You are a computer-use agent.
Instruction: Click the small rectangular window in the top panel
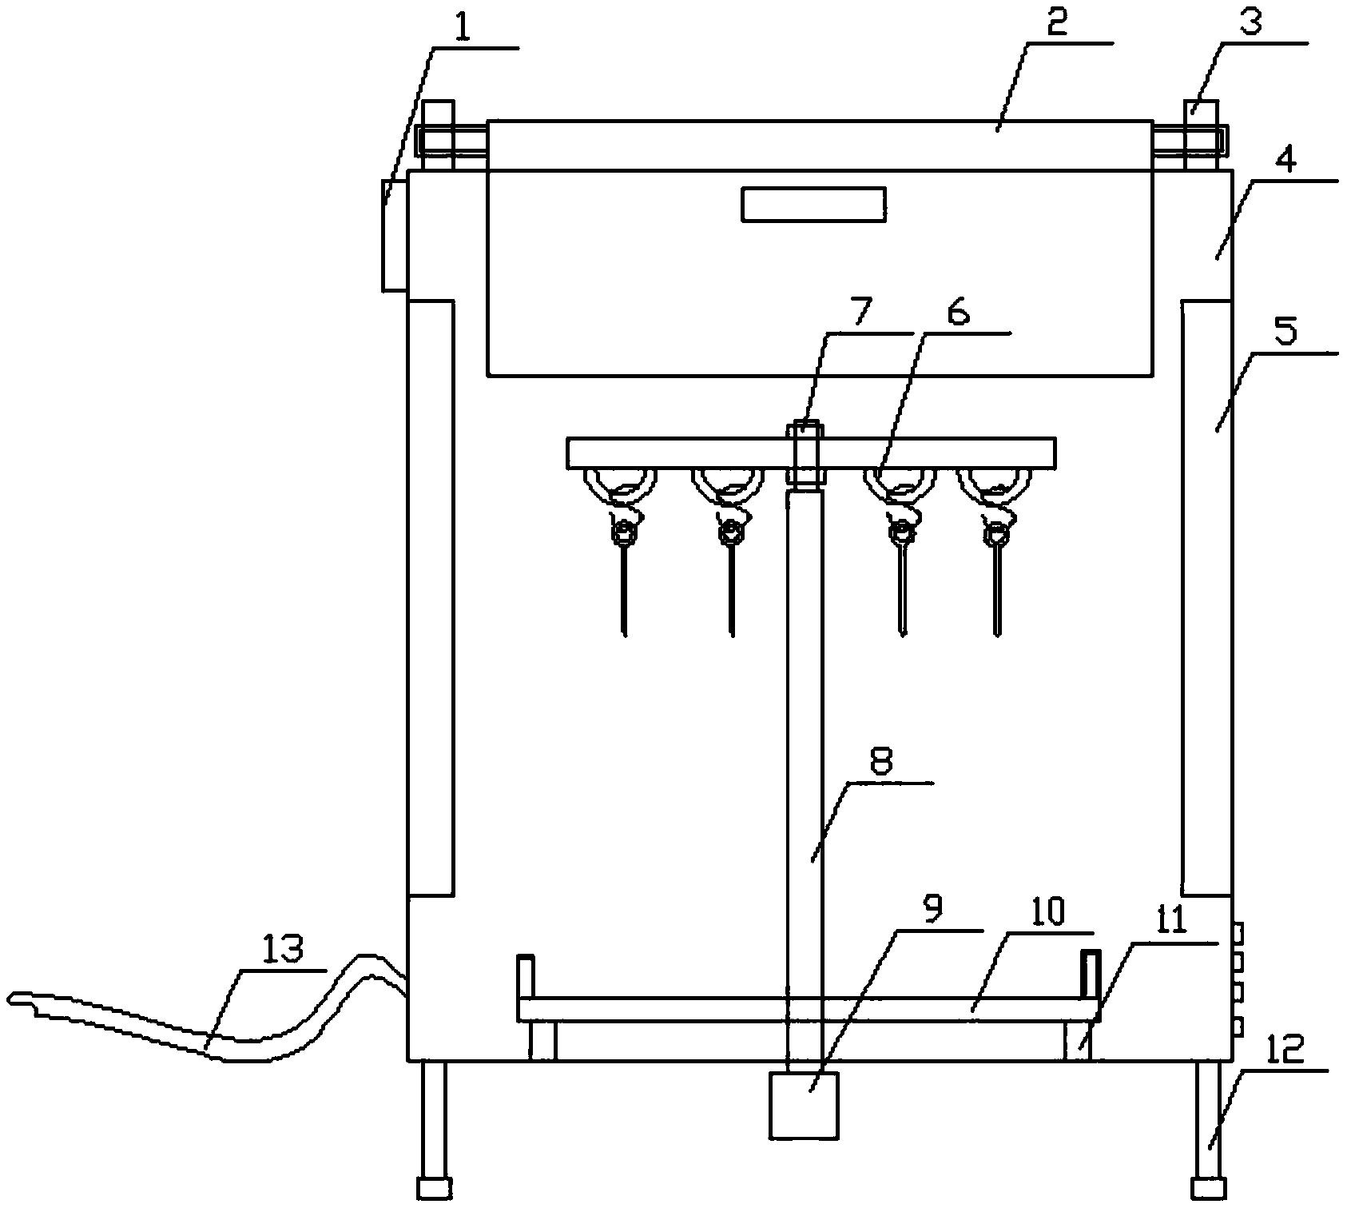click(x=813, y=204)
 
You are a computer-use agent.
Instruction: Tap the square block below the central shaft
click(x=804, y=1105)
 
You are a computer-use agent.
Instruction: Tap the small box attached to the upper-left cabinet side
click(x=395, y=235)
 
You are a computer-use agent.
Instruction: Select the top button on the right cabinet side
click(x=1238, y=932)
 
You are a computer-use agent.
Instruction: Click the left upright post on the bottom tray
click(x=525, y=976)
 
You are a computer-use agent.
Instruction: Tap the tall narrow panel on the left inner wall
click(x=431, y=598)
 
